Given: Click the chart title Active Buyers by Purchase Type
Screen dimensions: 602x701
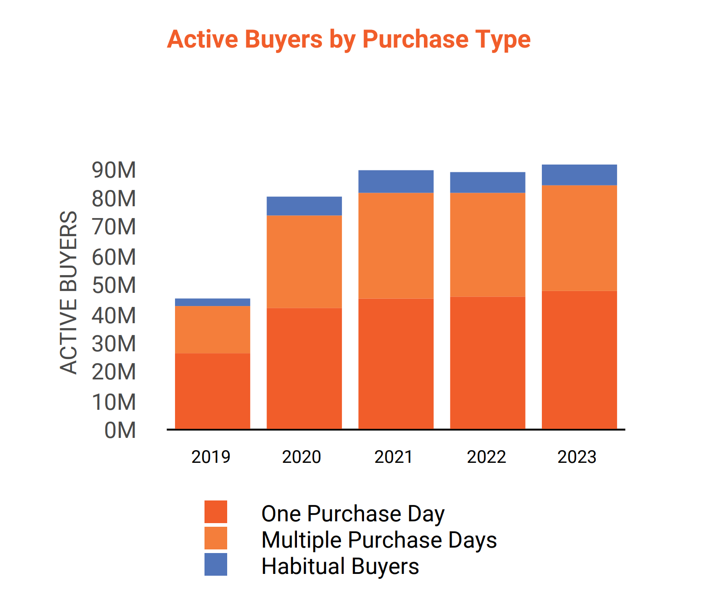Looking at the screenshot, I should [348, 39].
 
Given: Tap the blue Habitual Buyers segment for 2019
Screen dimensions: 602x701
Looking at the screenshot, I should [212, 302].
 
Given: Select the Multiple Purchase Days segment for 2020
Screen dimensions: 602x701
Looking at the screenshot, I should [304, 262].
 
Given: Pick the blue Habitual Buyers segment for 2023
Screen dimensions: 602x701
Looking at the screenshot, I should [579, 175].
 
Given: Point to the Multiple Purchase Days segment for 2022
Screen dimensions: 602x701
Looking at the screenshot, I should [487, 245].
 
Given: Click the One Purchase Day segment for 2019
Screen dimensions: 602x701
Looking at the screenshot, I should [212, 391].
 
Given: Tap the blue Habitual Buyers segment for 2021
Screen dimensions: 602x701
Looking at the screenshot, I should [395, 181].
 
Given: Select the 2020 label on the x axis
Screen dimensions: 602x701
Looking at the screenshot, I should [302, 456].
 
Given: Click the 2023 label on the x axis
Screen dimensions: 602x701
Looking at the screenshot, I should [577, 456].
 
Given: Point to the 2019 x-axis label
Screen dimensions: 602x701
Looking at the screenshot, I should [211, 456].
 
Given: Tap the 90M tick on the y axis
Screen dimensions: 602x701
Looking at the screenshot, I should [114, 170].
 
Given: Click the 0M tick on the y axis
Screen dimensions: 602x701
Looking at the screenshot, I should [120, 431].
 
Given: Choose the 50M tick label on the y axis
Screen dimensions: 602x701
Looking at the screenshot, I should [114, 286].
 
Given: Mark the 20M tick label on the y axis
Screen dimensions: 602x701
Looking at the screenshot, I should [114, 372].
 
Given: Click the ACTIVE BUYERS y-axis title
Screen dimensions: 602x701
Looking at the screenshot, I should [69, 292].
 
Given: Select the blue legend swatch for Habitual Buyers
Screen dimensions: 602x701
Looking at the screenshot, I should [216, 564].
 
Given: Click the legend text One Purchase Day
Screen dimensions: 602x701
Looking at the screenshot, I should [353, 514].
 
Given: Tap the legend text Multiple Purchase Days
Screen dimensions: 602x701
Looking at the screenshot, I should [379, 540].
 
